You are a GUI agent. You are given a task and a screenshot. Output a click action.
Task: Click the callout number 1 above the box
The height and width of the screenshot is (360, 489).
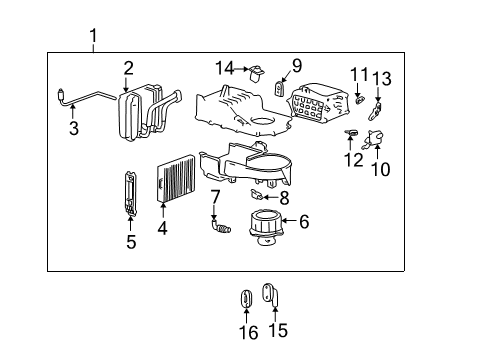tap(93, 39)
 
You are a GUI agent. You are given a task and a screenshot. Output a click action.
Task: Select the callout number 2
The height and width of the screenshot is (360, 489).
tap(128, 68)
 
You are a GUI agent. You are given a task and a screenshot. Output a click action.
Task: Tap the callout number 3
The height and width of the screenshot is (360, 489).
tap(73, 127)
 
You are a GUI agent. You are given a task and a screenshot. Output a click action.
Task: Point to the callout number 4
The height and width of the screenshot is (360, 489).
tap(162, 227)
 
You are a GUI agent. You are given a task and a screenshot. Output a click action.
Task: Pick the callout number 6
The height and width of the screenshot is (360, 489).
tap(305, 222)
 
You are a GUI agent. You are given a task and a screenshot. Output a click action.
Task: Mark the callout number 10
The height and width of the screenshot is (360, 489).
tap(380, 169)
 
